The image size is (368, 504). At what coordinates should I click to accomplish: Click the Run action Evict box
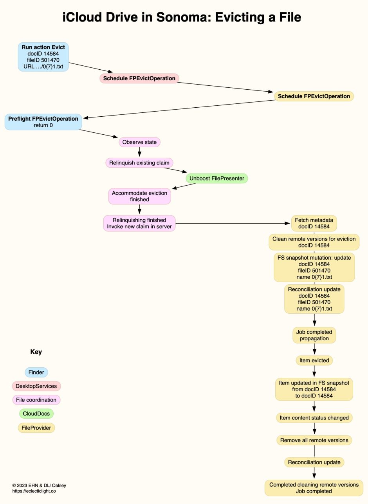coord(43,57)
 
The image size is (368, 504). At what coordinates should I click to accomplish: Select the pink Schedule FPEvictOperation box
coord(139,78)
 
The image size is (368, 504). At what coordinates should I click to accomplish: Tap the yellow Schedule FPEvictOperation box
coord(314,96)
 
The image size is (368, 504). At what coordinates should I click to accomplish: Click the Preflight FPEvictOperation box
coord(43,122)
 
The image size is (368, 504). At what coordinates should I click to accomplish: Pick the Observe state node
coord(139,142)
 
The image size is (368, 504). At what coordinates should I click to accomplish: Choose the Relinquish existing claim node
coord(139,163)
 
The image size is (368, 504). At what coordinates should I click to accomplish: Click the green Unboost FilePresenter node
coord(216,179)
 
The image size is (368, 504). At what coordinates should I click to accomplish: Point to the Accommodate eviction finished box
coord(139,196)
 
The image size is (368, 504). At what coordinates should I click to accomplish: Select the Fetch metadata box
coord(314,223)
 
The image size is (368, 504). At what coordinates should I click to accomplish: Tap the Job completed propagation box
coord(314,335)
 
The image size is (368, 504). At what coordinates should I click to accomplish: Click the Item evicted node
coord(314,360)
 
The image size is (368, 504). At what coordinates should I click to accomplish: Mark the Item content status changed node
coord(314,418)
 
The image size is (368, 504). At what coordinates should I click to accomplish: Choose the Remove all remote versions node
coord(314,440)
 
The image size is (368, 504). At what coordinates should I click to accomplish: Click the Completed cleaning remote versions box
coord(314,488)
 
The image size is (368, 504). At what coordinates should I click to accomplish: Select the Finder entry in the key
coord(36,372)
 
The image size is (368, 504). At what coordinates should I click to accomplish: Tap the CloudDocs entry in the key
coord(36,414)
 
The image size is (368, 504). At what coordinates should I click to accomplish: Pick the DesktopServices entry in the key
coord(36,386)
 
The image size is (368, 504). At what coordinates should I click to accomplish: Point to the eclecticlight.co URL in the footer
coord(34,491)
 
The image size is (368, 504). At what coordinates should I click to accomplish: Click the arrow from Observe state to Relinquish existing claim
coord(139,152)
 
